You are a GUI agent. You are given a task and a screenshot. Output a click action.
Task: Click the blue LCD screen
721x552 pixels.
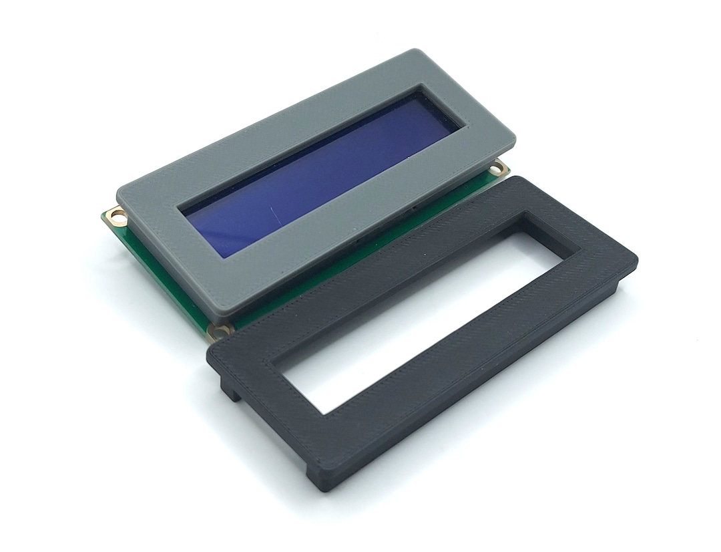314,174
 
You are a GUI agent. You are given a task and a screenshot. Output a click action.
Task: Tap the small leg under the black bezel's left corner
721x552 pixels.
230,391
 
